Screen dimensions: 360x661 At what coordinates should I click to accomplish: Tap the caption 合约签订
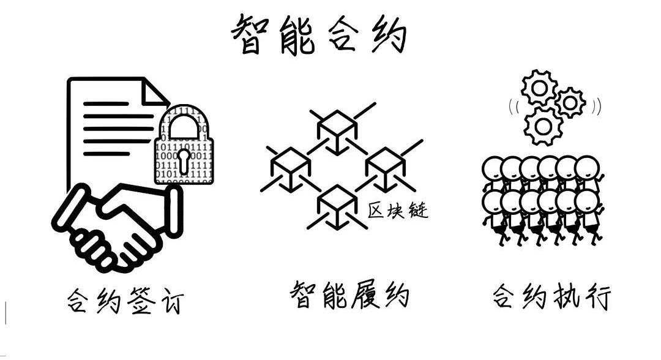(125, 301)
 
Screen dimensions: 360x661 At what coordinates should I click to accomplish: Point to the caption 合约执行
(551, 298)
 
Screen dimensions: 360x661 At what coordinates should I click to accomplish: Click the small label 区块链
(398, 211)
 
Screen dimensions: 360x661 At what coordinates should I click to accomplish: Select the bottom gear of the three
(542, 126)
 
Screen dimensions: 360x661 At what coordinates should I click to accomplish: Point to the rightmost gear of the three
(570, 102)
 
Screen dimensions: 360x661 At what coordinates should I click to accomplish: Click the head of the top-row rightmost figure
(586, 167)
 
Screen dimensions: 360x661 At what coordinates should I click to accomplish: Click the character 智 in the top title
(250, 35)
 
